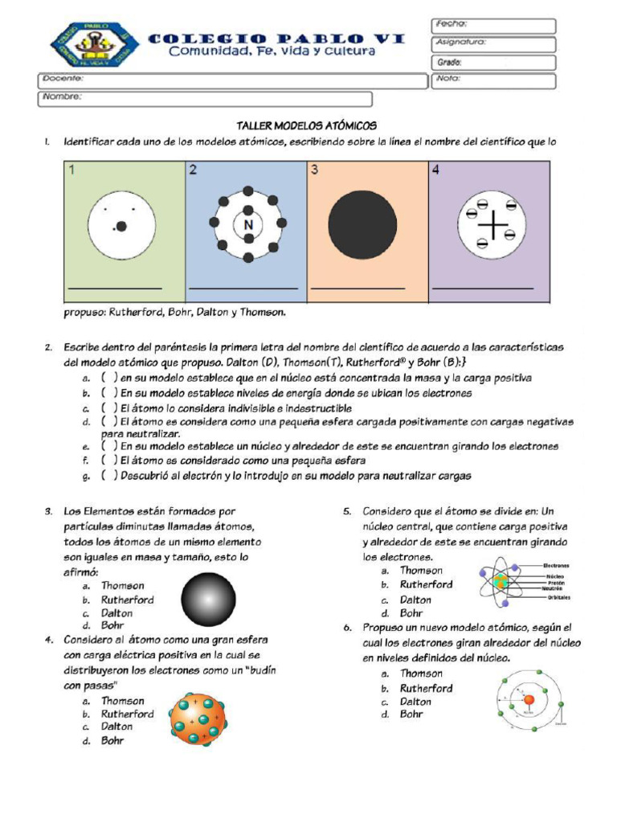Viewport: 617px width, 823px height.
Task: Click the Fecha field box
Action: tap(493, 26)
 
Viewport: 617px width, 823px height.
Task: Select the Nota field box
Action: tap(493, 80)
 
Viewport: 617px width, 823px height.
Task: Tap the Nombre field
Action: tap(205, 99)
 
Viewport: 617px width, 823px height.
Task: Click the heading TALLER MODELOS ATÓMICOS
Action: tap(306, 126)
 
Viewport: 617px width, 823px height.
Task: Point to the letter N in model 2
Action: tap(247, 225)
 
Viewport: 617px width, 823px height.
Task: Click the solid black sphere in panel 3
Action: tap(362, 225)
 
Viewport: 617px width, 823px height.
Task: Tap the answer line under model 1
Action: tap(115, 288)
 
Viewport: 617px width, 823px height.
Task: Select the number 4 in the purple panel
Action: tap(435, 170)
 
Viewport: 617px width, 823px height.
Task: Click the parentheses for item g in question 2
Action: tap(110, 476)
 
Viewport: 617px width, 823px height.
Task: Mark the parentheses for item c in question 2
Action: tap(110, 409)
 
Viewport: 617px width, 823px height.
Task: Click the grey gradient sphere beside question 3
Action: tap(209, 600)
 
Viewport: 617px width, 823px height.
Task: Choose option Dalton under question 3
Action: tap(116, 613)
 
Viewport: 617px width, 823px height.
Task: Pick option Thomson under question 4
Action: tap(122, 701)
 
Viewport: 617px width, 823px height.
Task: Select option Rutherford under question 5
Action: tap(426, 585)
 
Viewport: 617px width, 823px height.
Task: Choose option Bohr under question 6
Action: tap(411, 714)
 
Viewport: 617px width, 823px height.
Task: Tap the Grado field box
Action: tap(493, 62)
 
